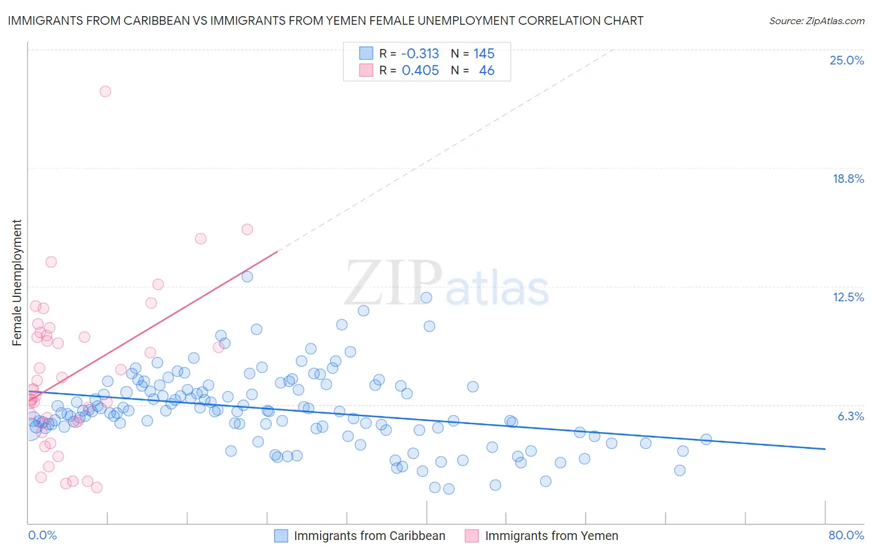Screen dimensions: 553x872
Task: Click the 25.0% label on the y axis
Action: (847, 60)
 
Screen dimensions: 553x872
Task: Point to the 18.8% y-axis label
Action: (848, 179)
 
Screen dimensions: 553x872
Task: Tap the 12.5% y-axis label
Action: (848, 297)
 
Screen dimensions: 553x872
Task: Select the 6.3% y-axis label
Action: (850, 416)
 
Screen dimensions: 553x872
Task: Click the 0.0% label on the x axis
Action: (42, 535)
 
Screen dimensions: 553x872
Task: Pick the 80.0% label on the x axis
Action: (846, 535)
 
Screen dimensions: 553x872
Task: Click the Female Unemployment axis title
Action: (17, 283)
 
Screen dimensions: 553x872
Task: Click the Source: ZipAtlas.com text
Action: (816, 20)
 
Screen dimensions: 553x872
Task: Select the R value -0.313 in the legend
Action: (420, 53)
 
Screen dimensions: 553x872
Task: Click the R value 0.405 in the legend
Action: (420, 70)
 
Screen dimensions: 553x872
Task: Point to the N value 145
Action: (484, 53)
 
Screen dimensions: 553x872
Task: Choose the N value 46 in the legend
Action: (486, 70)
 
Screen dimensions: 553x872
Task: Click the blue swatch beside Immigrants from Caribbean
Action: (281, 536)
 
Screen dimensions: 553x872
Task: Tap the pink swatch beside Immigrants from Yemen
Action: (472, 536)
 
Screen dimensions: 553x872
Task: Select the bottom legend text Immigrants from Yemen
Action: (551, 536)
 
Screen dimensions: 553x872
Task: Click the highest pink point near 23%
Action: (105, 91)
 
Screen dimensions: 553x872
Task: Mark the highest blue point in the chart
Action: (247, 276)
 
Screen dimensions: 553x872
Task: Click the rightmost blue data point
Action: (706, 439)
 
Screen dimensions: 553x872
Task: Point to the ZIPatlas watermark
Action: (447, 283)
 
